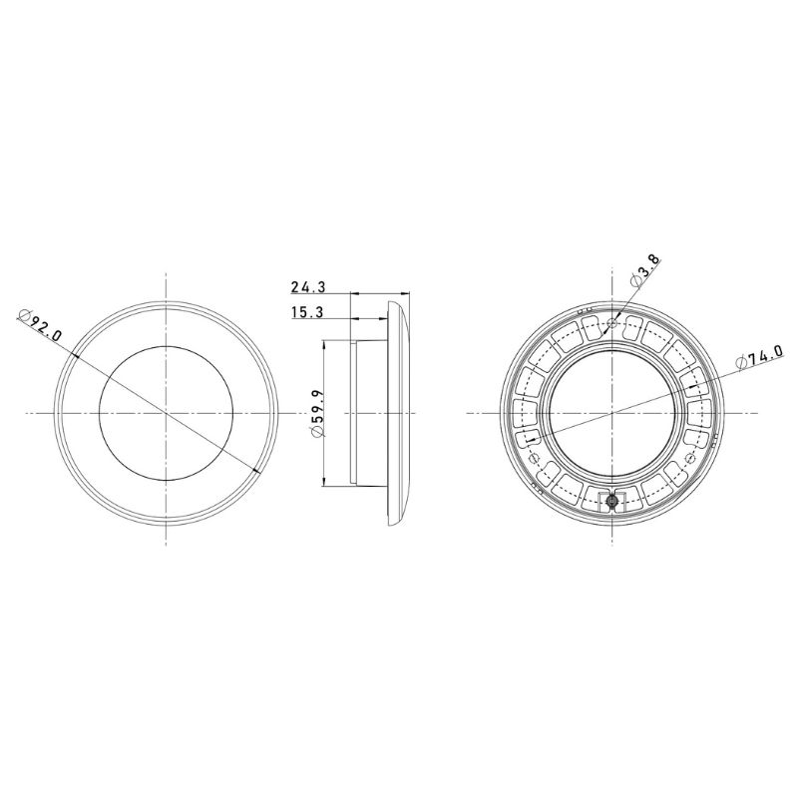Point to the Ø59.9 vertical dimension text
[315, 414]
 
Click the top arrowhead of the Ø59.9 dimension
[324, 344]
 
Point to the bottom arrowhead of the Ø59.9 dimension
[324, 483]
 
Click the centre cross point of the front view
[166, 412]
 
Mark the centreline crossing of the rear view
[612, 412]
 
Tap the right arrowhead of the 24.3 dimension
[408, 294]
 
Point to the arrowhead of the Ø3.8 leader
[617, 314]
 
